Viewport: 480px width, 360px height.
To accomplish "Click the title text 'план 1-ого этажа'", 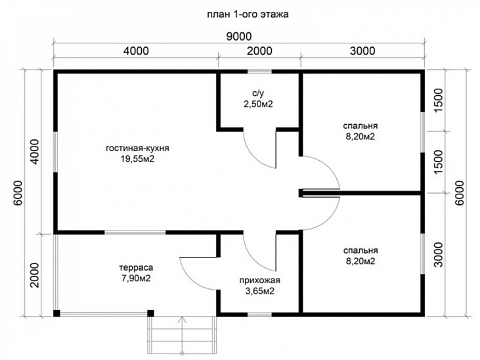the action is coord(248,14).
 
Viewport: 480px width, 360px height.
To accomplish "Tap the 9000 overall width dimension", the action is coord(239,36).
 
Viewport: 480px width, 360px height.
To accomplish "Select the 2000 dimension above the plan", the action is coord(259,51).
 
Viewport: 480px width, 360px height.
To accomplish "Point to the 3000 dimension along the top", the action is coord(362,51).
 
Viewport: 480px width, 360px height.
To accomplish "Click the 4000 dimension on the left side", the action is coord(35,152).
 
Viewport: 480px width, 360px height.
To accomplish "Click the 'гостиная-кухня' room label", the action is coord(137,148).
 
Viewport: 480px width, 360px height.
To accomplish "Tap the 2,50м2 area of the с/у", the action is coord(258,104).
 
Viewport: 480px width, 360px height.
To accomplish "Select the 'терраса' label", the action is coord(136,268).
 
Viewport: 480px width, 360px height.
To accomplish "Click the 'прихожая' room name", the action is coord(259,280).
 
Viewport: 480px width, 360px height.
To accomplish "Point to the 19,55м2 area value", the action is coord(137,159).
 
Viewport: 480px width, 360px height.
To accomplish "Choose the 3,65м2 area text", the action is coord(259,291).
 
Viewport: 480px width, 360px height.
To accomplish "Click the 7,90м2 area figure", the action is coord(136,279).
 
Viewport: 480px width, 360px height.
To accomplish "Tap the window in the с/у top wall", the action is coord(259,72).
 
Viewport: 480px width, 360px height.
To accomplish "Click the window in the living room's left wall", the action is coord(55,152).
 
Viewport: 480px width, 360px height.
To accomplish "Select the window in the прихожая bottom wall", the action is coord(259,315).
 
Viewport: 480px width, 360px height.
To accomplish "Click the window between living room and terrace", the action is coord(135,233).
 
